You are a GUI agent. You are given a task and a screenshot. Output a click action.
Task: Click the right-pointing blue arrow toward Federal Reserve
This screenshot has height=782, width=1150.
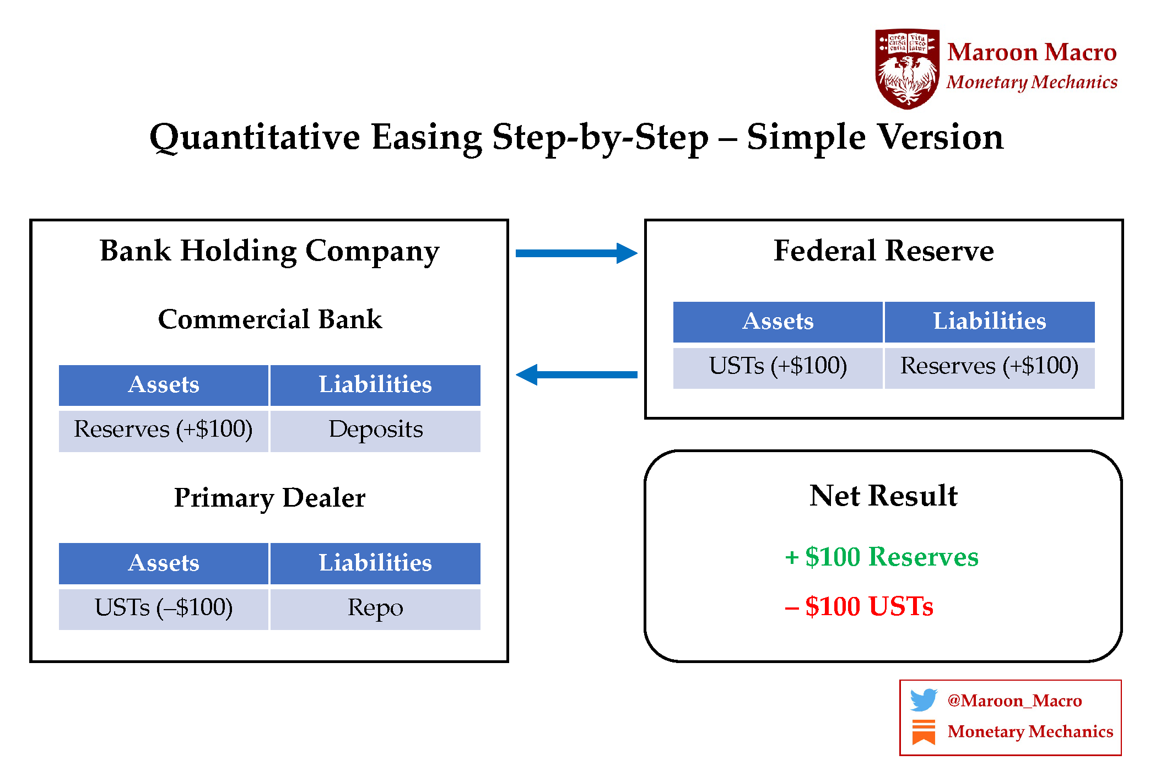[x=576, y=253]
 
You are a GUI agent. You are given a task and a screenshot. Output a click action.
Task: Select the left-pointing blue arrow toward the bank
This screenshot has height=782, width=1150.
[x=576, y=374]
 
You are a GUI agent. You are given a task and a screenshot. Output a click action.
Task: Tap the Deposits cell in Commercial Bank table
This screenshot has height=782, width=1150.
[x=375, y=430]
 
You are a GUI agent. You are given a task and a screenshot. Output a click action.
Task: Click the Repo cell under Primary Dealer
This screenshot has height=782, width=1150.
[x=375, y=609]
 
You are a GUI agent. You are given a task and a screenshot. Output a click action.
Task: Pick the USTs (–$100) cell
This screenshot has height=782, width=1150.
[x=164, y=609]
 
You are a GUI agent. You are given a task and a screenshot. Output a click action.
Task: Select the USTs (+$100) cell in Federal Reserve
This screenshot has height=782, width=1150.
[x=778, y=367]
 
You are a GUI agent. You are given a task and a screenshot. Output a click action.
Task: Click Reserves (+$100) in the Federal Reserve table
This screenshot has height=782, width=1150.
[x=989, y=367]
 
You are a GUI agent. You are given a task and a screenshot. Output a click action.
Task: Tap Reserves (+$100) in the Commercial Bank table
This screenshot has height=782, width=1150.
[x=164, y=430]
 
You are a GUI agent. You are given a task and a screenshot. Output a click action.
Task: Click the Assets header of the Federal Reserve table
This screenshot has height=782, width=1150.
[x=778, y=322]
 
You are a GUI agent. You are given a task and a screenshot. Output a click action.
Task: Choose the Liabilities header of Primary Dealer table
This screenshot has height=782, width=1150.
[x=375, y=563]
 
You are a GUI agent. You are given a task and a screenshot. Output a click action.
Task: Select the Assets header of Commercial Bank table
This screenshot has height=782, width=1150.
[x=164, y=385]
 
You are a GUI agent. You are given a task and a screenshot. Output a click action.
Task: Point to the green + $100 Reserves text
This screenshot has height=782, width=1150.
[x=882, y=557]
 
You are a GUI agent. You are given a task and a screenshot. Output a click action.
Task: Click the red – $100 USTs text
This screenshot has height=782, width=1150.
[x=860, y=606]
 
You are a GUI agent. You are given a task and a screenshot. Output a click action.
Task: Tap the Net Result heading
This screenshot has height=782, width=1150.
[x=883, y=496]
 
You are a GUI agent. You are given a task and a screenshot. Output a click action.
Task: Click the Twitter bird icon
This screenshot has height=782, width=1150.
[x=924, y=700]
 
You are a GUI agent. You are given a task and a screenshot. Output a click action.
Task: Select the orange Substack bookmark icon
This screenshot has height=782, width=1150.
[x=924, y=732]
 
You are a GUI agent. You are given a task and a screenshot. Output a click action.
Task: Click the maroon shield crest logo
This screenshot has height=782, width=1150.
[x=907, y=68]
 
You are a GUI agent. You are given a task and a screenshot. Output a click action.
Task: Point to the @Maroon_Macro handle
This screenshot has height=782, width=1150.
[x=1014, y=700]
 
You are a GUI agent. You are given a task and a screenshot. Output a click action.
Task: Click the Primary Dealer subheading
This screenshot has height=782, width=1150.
[x=269, y=498]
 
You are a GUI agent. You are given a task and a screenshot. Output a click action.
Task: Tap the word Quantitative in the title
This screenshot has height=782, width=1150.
[x=255, y=137]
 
